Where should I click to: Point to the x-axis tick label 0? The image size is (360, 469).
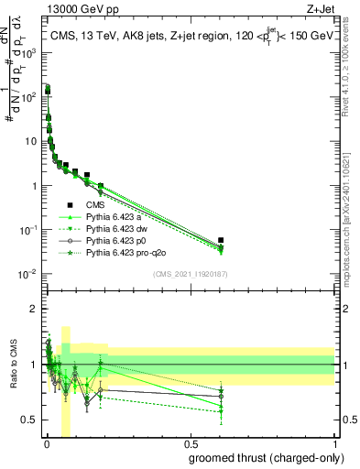pos(46,448)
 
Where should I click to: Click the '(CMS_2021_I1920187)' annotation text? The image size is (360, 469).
pos(190,274)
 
